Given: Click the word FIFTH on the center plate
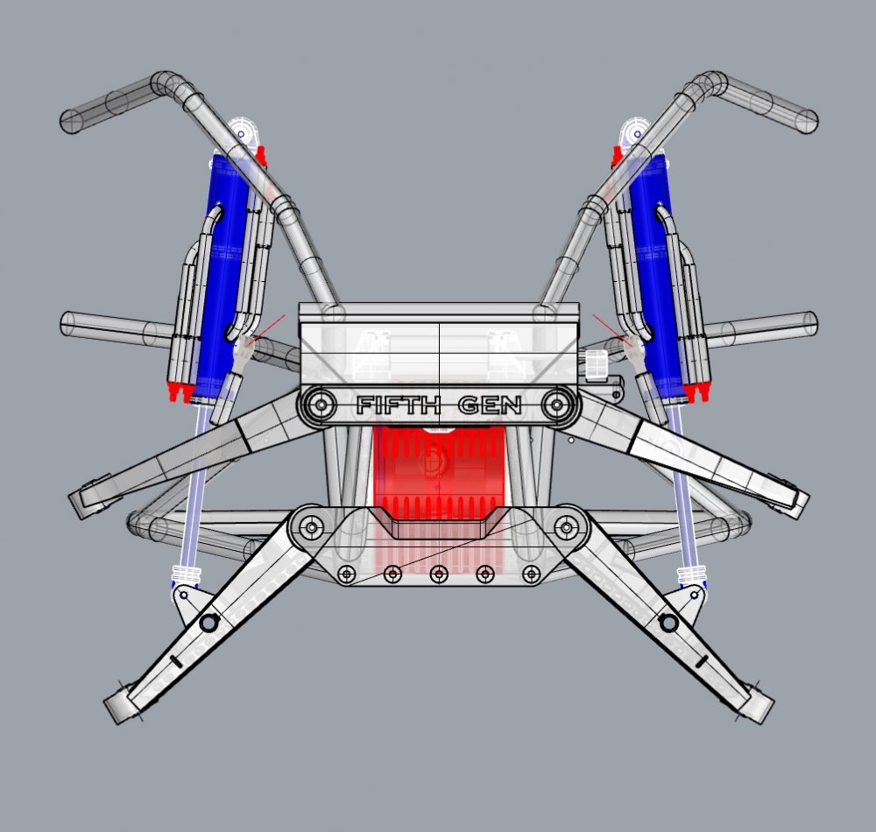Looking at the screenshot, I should click(x=397, y=405).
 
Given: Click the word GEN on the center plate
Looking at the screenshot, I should click(x=491, y=405).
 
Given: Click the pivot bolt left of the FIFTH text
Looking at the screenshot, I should click(x=320, y=405).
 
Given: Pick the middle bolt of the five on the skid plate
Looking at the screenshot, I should click(x=439, y=574).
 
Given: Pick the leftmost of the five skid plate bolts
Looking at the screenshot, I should click(x=347, y=574).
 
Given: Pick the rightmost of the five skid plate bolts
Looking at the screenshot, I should click(x=531, y=574).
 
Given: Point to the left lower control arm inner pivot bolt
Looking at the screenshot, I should click(x=310, y=527).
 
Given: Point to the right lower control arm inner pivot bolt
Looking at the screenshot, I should click(x=568, y=527).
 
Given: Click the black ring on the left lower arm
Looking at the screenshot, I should click(x=208, y=623).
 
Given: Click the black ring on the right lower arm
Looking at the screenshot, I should click(x=669, y=623).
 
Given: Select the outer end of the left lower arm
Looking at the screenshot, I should click(x=123, y=705).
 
